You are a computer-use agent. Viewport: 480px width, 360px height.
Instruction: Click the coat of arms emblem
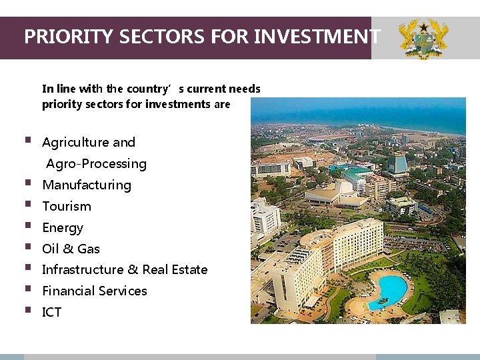423,38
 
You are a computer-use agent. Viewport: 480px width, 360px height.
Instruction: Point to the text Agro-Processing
97,164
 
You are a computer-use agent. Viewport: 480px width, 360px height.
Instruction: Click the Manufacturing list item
87,185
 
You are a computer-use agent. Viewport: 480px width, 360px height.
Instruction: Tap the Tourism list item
67,207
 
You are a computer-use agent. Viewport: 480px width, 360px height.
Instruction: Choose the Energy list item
63,228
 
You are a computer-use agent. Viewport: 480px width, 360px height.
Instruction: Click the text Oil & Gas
71,249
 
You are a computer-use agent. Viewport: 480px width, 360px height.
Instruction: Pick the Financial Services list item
95,291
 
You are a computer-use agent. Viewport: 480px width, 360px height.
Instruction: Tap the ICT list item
52,313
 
